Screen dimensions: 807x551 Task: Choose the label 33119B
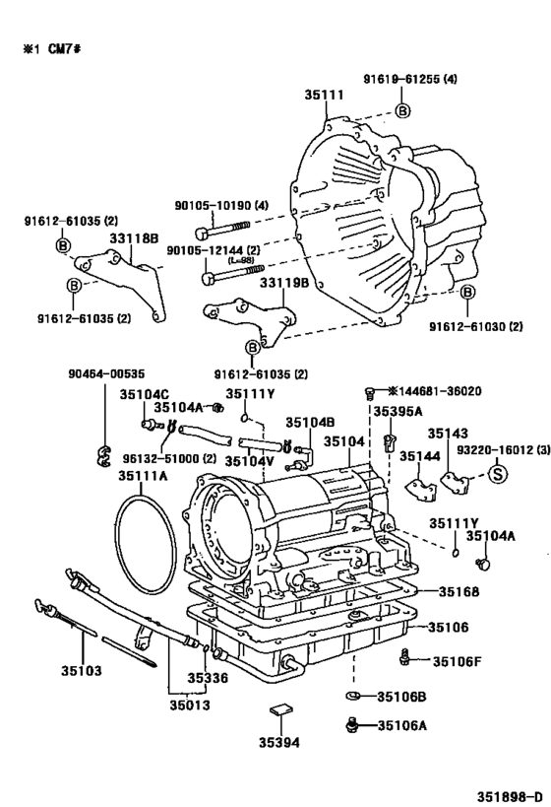(x=284, y=284)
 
